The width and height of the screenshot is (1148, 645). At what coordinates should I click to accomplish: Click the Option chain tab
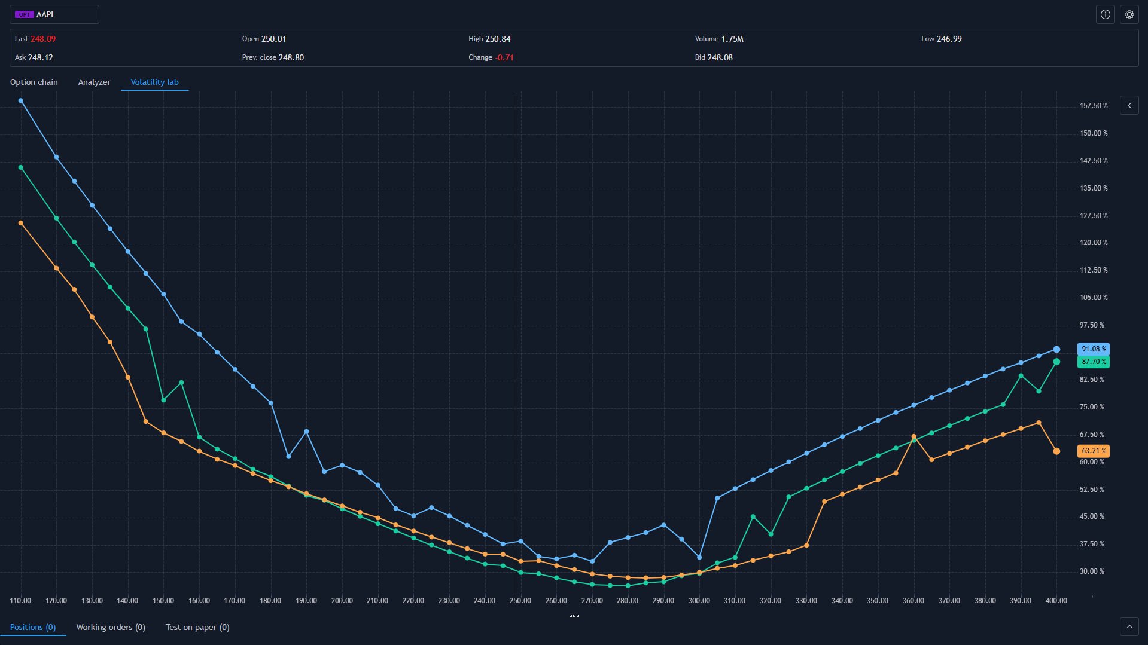[x=34, y=82]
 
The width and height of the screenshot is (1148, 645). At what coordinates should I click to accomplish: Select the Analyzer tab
[x=94, y=82]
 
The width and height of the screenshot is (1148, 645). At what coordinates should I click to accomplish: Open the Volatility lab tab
[x=154, y=82]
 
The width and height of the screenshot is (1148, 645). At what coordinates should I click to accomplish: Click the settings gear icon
[x=1129, y=14]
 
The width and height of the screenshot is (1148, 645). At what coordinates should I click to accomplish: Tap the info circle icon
[x=1105, y=14]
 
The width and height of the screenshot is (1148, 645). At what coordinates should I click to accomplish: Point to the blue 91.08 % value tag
[x=1093, y=349]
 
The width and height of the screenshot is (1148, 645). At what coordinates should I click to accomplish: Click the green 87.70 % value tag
[x=1093, y=362]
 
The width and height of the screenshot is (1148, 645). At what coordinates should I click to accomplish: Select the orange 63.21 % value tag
[x=1093, y=451]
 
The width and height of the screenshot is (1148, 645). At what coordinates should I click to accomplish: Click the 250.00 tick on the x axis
[x=520, y=601]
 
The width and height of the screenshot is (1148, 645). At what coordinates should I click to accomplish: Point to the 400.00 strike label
[x=1056, y=601]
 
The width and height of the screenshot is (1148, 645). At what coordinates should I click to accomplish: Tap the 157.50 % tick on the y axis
[x=1093, y=106]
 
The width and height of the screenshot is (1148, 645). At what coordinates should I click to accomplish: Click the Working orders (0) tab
[x=111, y=627]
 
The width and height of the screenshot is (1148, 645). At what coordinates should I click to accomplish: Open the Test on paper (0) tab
[x=197, y=627]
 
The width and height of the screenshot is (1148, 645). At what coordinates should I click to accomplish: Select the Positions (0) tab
[x=33, y=627]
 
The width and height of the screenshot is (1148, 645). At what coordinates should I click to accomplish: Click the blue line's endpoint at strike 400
[x=1056, y=350]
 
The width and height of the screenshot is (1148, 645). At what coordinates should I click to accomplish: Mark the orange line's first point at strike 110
[x=21, y=223]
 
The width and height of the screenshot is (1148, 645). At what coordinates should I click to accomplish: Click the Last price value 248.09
[x=43, y=39]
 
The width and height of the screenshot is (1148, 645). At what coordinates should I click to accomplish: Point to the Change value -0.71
[x=505, y=57]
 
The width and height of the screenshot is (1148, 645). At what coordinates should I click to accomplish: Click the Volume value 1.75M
[x=732, y=39]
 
